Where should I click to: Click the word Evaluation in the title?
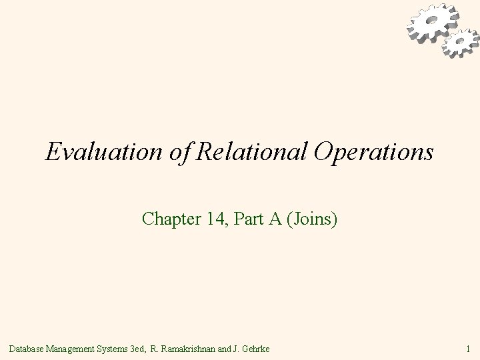(x=93, y=151)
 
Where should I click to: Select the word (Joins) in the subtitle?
(x=313, y=218)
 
